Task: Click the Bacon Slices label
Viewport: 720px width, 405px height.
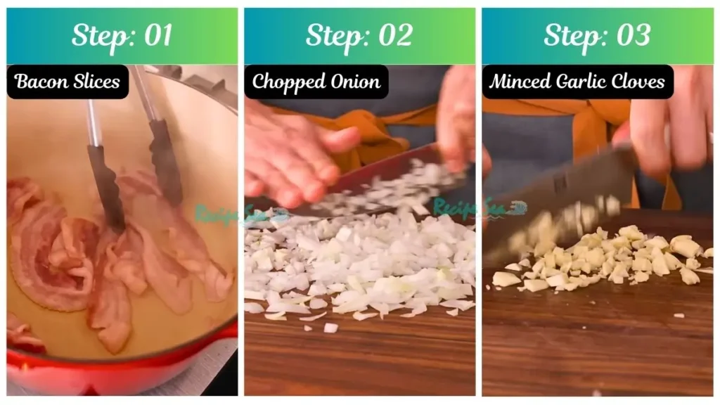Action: coord(67,82)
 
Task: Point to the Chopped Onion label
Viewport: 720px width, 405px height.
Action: coord(316,82)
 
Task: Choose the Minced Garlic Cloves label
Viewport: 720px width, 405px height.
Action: coord(577,82)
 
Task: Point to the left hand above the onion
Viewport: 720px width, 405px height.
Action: coord(295,155)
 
